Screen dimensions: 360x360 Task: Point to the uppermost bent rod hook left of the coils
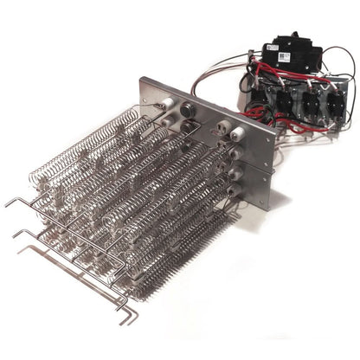(10, 201)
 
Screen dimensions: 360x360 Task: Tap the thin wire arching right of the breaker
(333, 65)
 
